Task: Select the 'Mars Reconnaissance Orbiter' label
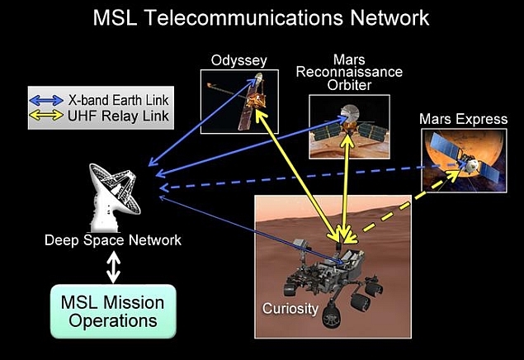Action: [356, 72]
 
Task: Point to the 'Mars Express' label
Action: [463, 120]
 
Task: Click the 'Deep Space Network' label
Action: [113, 240]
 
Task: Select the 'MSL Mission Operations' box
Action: [113, 310]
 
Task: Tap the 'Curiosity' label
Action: [290, 309]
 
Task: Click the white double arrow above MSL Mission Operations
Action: [114, 266]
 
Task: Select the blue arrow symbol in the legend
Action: [47, 100]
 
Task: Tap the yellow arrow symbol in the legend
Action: [47, 116]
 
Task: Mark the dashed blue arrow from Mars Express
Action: [297, 178]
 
